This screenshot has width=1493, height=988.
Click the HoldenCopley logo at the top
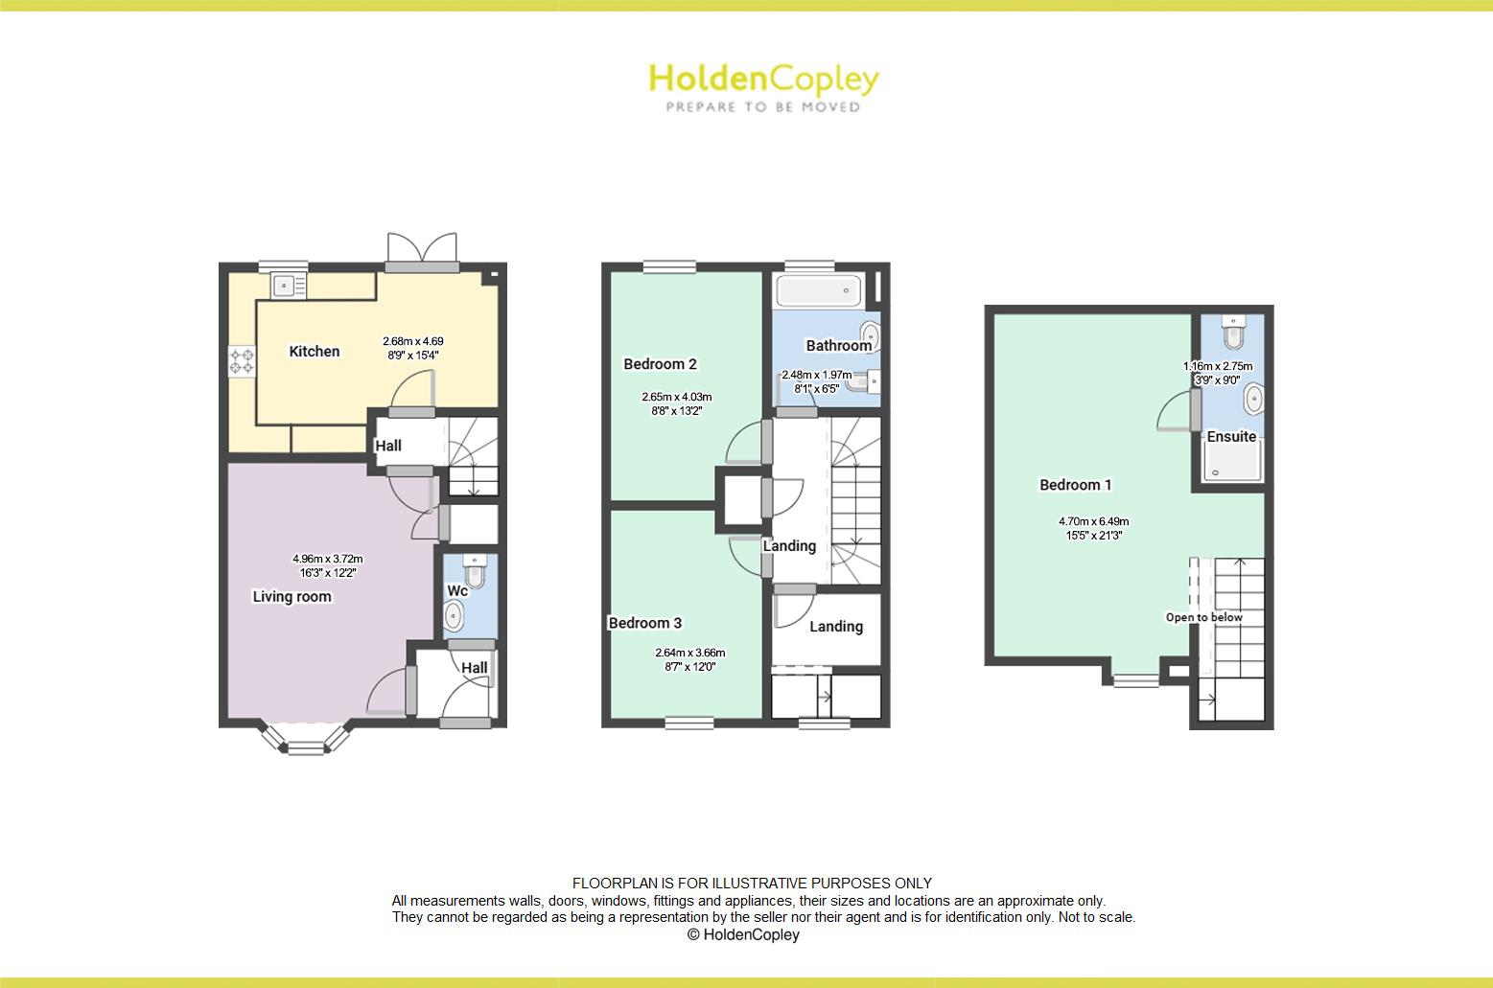[763, 86]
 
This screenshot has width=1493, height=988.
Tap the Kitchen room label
[315, 352]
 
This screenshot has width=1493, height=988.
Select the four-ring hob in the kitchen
[242, 361]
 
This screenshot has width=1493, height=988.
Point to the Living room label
[292, 596]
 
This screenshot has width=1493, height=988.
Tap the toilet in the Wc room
[474, 572]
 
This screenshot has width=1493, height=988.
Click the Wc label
[457, 591]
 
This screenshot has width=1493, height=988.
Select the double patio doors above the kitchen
[421, 248]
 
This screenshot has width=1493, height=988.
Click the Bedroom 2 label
[660, 364]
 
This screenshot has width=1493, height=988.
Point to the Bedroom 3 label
[645, 623]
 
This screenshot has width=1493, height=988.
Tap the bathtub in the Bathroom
[818, 289]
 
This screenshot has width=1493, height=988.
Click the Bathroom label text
[838, 346]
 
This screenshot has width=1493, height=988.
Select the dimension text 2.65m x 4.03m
[677, 397]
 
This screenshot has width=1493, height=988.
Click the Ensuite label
[1231, 437]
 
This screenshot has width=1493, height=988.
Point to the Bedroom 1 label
[1076, 485]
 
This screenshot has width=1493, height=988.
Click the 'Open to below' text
[1203, 617]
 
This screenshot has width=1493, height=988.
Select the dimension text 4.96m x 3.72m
[328, 559]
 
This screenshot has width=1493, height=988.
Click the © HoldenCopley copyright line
[743, 934]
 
